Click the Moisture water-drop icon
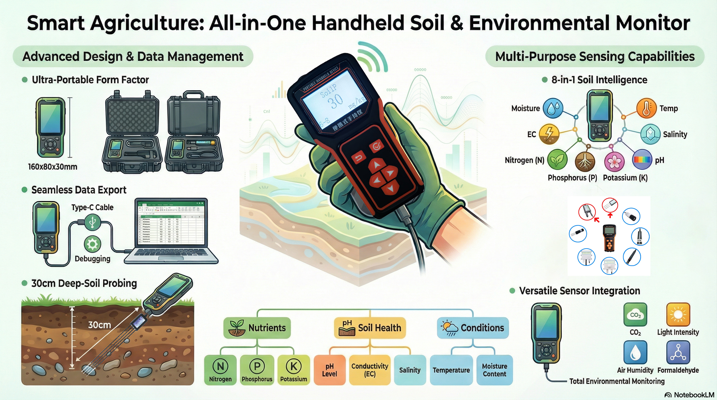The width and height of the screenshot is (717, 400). point(553,108)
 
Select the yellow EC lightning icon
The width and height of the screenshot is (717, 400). point(549,134)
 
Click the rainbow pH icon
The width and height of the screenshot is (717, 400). point(642,160)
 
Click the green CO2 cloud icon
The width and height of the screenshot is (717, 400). point(635,315)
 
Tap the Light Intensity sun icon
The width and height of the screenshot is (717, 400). point(678,315)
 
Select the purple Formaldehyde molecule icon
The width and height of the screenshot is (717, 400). point(678,353)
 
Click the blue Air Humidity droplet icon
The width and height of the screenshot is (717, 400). point(635,353)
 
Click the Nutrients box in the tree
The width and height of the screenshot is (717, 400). point(257,328)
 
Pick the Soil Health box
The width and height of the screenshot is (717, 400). point(370,328)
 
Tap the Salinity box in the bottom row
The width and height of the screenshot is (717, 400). point(410,370)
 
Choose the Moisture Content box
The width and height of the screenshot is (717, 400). point(494,370)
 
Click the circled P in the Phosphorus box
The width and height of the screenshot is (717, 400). point(257,366)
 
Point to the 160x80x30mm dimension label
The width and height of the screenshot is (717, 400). point(53,167)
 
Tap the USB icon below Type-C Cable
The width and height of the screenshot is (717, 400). point(92,222)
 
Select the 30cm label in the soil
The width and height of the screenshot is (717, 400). point(99,325)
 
